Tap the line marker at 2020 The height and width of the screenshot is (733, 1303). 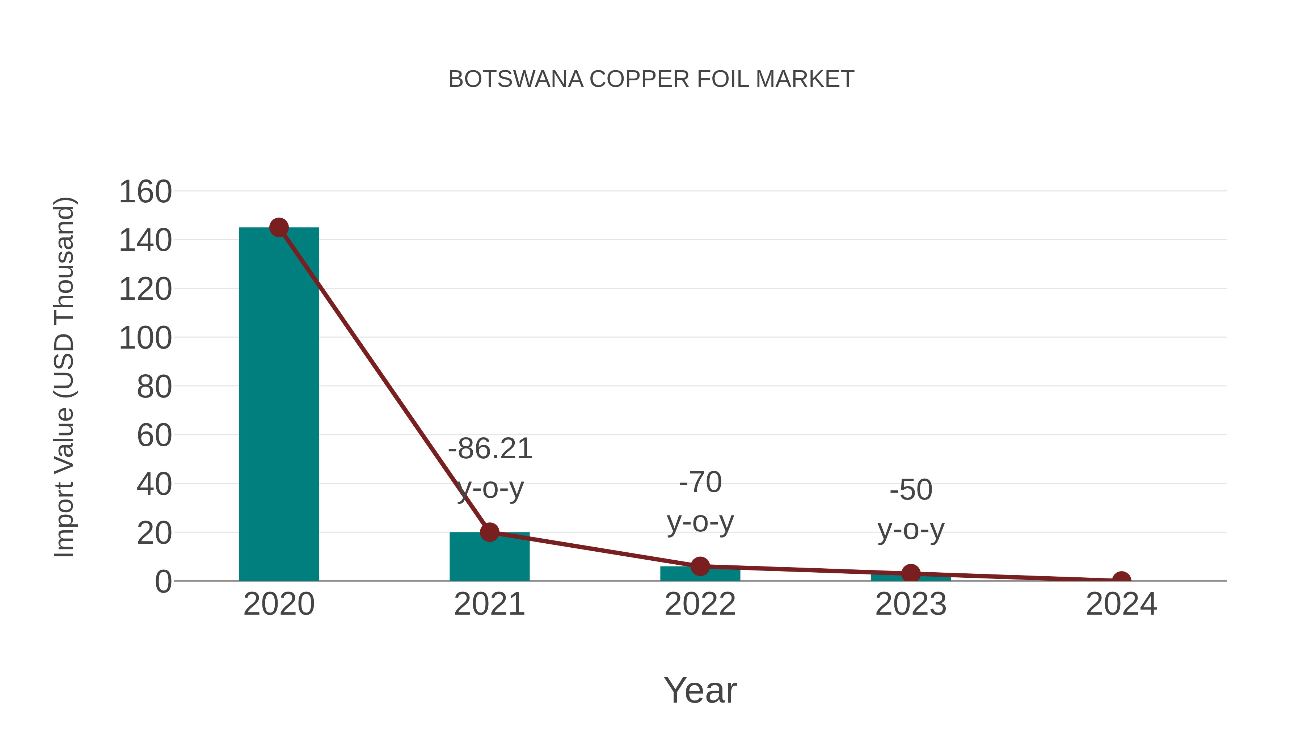[x=279, y=228]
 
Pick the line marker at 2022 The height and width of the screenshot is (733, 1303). [x=700, y=566]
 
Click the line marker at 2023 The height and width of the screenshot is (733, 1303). [x=911, y=574]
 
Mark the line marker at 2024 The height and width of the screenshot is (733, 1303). [x=1121, y=580]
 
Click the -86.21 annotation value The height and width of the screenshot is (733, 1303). [x=490, y=449]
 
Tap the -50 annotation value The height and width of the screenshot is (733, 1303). [x=911, y=490]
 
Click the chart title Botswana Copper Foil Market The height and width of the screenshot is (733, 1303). [x=651, y=79]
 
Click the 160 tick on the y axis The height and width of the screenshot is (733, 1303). [x=145, y=192]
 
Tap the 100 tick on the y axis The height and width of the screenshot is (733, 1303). [x=145, y=338]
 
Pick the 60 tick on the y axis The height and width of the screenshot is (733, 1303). [x=154, y=435]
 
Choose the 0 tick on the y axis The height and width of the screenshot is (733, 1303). [x=163, y=581]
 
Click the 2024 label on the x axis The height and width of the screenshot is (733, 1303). [x=1121, y=604]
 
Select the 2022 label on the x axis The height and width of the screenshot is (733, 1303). [x=700, y=604]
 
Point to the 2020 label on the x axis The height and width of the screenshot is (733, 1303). [x=279, y=604]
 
